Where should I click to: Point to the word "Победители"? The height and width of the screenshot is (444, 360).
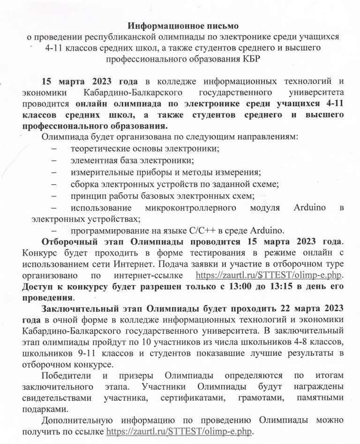[67, 375]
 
